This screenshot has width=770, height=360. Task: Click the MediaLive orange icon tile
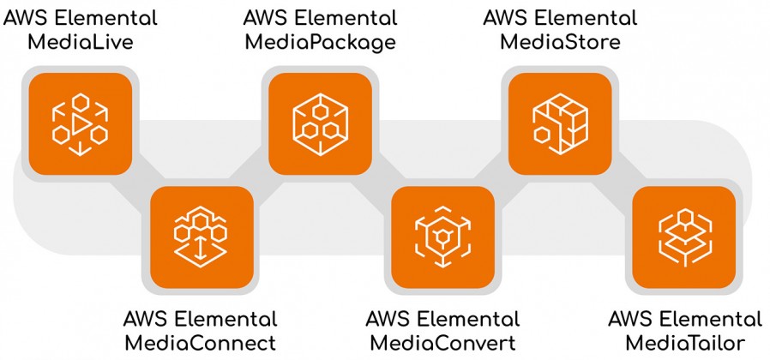tap(81, 123)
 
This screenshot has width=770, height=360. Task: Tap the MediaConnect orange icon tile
tap(202, 237)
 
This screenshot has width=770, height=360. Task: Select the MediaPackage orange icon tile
tap(320, 123)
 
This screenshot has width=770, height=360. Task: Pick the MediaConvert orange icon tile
tap(443, 237)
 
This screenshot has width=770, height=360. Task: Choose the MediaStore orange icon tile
tap(560, 123)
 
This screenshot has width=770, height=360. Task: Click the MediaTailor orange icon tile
tap(684, 237)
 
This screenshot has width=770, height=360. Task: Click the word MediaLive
tap(81, 42)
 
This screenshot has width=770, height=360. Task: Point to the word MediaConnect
tap(201, 342)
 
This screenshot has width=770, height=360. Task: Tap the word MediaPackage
tap(320, 43)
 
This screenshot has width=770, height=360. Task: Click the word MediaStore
tap(560, 42)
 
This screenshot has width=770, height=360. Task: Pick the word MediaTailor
tap(685, 342)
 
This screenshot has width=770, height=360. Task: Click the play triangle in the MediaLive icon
tap(81, 125)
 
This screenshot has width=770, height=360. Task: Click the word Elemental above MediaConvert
tap(470, 319)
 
